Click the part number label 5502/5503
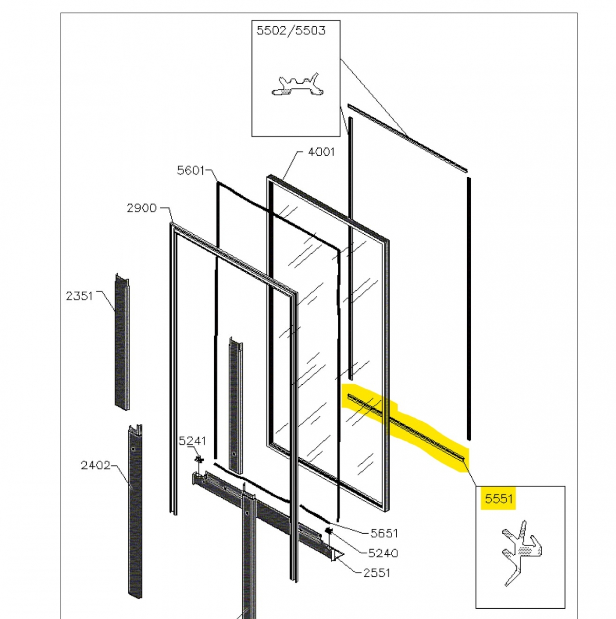point(291,31)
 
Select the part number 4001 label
point(321,152)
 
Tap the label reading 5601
point(190,170)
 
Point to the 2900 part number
point(142,208)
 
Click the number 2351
point(79,296)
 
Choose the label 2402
point(95,465)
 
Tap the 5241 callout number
point(192,441)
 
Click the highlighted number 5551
point(499,499)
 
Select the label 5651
point(384,534)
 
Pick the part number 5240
point(383,553)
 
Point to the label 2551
point(377,573)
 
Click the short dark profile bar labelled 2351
point(122,342)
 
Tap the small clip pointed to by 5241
point(200,460)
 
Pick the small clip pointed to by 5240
point(329,531)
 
